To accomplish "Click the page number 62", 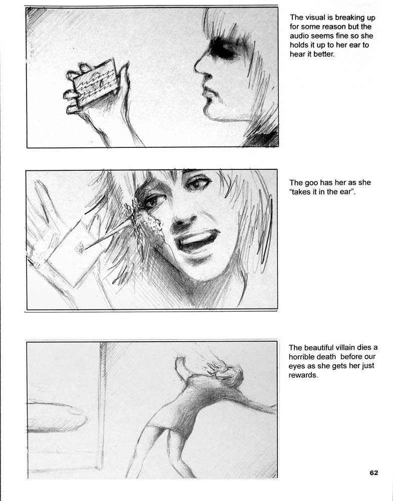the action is pyautogui.click(x=374, y=472).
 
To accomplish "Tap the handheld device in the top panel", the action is pyautogui.click(x=95, y=82).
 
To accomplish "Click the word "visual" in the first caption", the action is pyautogui.click(x=315, y=18).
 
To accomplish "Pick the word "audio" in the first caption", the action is pyautogui.click(x=299, y=36).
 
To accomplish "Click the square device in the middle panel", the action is pyautogui.click(x=74, y=253).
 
